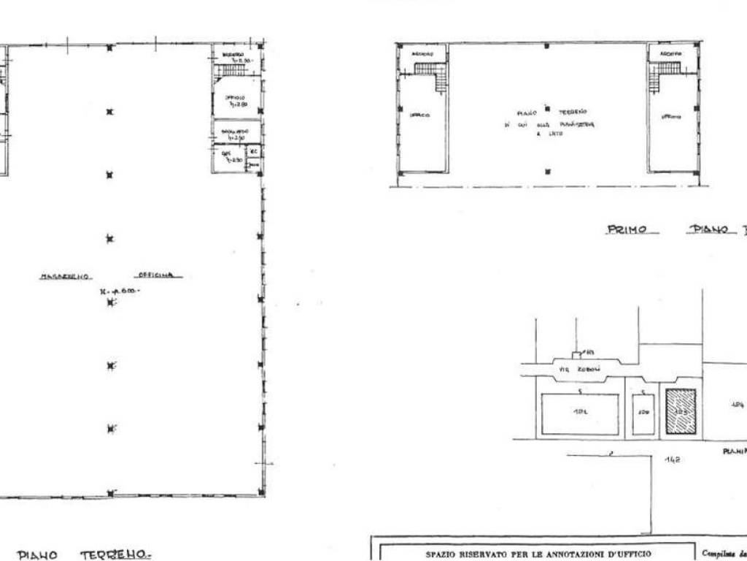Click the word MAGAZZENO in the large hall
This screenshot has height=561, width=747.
[65, 277]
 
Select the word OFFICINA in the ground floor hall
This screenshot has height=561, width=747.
[158, 276]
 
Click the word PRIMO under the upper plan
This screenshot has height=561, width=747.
[627, 230]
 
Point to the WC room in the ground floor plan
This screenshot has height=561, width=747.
[254, 152]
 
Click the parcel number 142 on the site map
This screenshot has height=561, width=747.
[673, 460]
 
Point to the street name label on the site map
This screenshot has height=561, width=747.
[569, 370]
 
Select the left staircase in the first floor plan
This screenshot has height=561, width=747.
[430, 72]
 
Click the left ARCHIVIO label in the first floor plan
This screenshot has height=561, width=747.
[422, 53]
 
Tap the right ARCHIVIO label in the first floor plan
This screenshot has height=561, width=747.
[670, 54]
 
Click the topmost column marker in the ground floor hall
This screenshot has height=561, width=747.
[109, 48]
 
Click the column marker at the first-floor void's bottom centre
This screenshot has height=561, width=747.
[547, 172]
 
